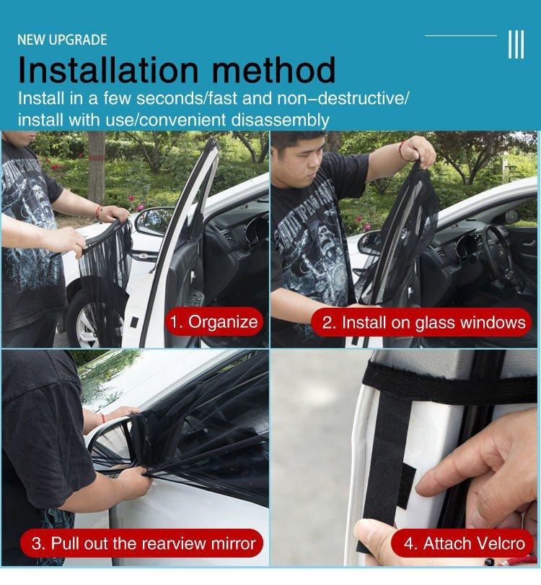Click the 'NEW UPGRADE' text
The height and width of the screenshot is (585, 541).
(x=62, y=40)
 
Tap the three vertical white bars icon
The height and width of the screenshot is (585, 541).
(x=516, y=44)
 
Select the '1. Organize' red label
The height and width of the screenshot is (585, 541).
(x=214, y=321)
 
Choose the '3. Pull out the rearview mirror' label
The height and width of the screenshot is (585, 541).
(x=142, y=543)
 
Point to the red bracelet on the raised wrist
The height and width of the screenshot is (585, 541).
(x=402, y=151)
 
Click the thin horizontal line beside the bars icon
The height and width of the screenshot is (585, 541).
(x=460, y=35)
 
